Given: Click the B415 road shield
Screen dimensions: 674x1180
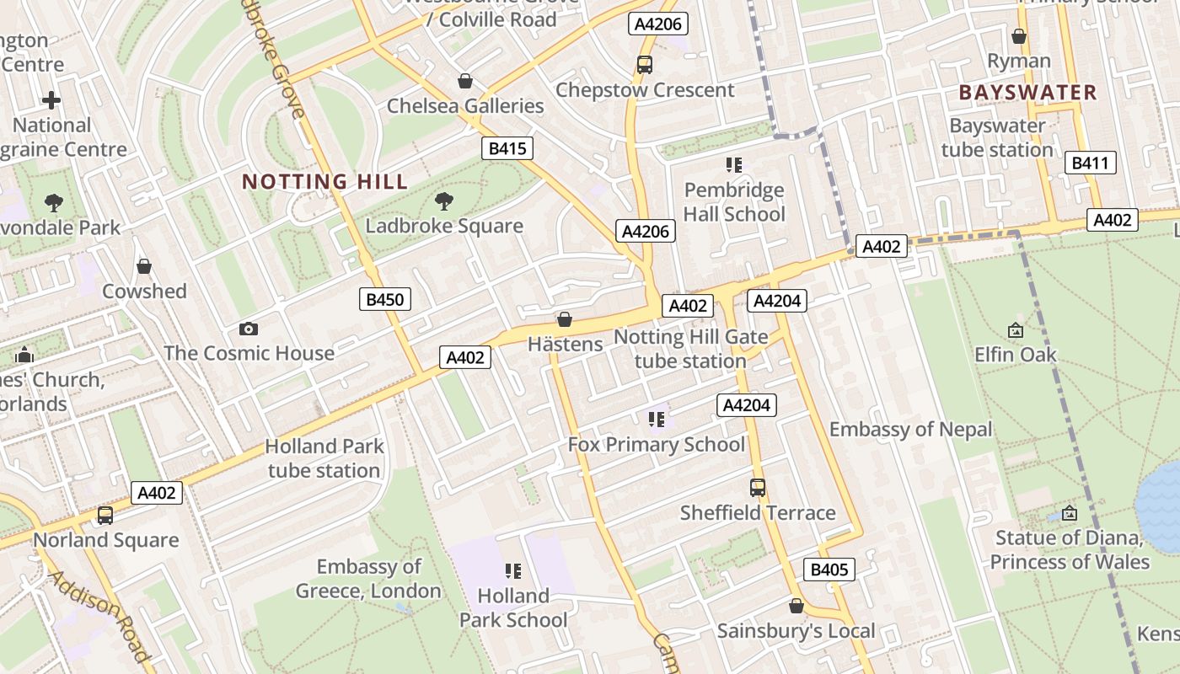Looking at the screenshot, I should tap(507, 149).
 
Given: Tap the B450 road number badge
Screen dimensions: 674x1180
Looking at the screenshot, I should tap(385, 298).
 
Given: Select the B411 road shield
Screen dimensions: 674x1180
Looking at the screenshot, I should tap(1090, 163).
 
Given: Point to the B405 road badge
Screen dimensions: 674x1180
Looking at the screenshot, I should tap(829, 570).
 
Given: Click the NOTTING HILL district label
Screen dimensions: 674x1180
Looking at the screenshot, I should tap(324, 181).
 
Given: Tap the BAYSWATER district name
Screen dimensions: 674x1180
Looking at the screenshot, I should tap(1027, 93).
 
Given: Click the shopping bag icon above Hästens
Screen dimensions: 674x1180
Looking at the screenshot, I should tap(565, 319).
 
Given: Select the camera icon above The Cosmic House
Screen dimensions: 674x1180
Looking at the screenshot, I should tap(248, 329).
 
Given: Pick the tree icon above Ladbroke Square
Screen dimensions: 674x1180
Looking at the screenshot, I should tap(443, 201).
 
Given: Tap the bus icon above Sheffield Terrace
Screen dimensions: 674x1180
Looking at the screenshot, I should tap(757, 488).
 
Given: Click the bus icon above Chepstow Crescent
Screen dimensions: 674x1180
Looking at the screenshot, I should tap(644, 65).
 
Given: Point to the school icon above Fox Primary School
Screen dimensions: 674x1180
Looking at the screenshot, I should tap(657, 420).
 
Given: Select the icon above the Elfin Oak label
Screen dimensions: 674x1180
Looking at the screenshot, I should tap(1015, 331).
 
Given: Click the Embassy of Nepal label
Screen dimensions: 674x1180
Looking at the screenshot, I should tap(910, 430).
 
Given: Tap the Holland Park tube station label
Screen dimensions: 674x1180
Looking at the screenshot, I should tap(324, 458).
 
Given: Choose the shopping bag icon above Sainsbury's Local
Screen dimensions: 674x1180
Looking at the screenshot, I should tap(796, 606).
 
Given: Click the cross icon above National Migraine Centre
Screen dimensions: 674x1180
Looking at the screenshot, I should tap(51, 101).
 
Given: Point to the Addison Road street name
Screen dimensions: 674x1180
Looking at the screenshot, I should tap(99, 615).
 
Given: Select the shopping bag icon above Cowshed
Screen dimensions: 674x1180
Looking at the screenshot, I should tap(144, 267).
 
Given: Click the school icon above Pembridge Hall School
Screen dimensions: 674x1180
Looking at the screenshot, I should tap(733, 165).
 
